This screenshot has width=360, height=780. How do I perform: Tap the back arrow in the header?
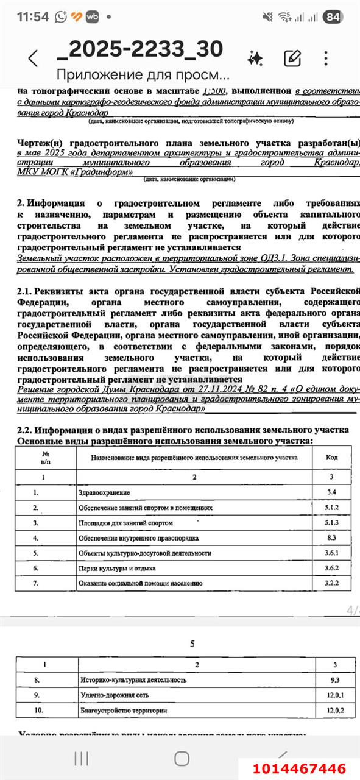pyautogui.click(x=33, y=58)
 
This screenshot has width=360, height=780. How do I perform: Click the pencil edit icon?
pyautogui.click(x=293, y=58)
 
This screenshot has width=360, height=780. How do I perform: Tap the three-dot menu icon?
pyautogui.click(x=326, y=58)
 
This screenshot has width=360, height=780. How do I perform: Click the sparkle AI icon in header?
pyautogui.click(x=255, y=58)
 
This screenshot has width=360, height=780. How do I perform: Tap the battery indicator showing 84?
pyautogui.click(x=333, y=17)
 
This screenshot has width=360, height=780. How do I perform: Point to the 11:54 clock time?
pyautogui.click(x=32, y=17)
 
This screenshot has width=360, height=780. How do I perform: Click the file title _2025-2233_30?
pyautogui.click(x=139, y=48)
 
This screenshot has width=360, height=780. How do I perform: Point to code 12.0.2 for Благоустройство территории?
pyautogui.click(x=331, y=711)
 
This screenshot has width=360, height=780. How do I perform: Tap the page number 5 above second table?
pyautogui.click(x=192, y=644)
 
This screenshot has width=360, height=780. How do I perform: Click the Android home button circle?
pyautogui.click(x=182, y=758)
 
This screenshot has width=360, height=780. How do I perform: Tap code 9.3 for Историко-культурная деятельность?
pyautogui.click(x=331, y=679)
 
